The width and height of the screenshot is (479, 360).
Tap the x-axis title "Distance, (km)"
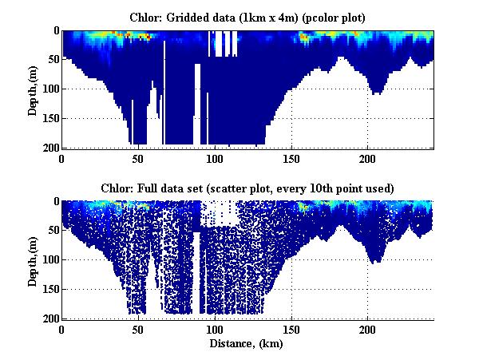coord(247,344)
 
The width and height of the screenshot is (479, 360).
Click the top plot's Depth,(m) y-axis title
coord(33,89)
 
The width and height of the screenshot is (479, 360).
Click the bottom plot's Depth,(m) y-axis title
coord(33,260)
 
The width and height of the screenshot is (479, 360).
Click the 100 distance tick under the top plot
coord(215,159)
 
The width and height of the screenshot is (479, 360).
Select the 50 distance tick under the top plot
coord(138,159)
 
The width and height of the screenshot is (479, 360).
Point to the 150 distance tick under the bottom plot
coord(291,329)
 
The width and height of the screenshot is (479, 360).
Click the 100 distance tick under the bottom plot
coord(215,329)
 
